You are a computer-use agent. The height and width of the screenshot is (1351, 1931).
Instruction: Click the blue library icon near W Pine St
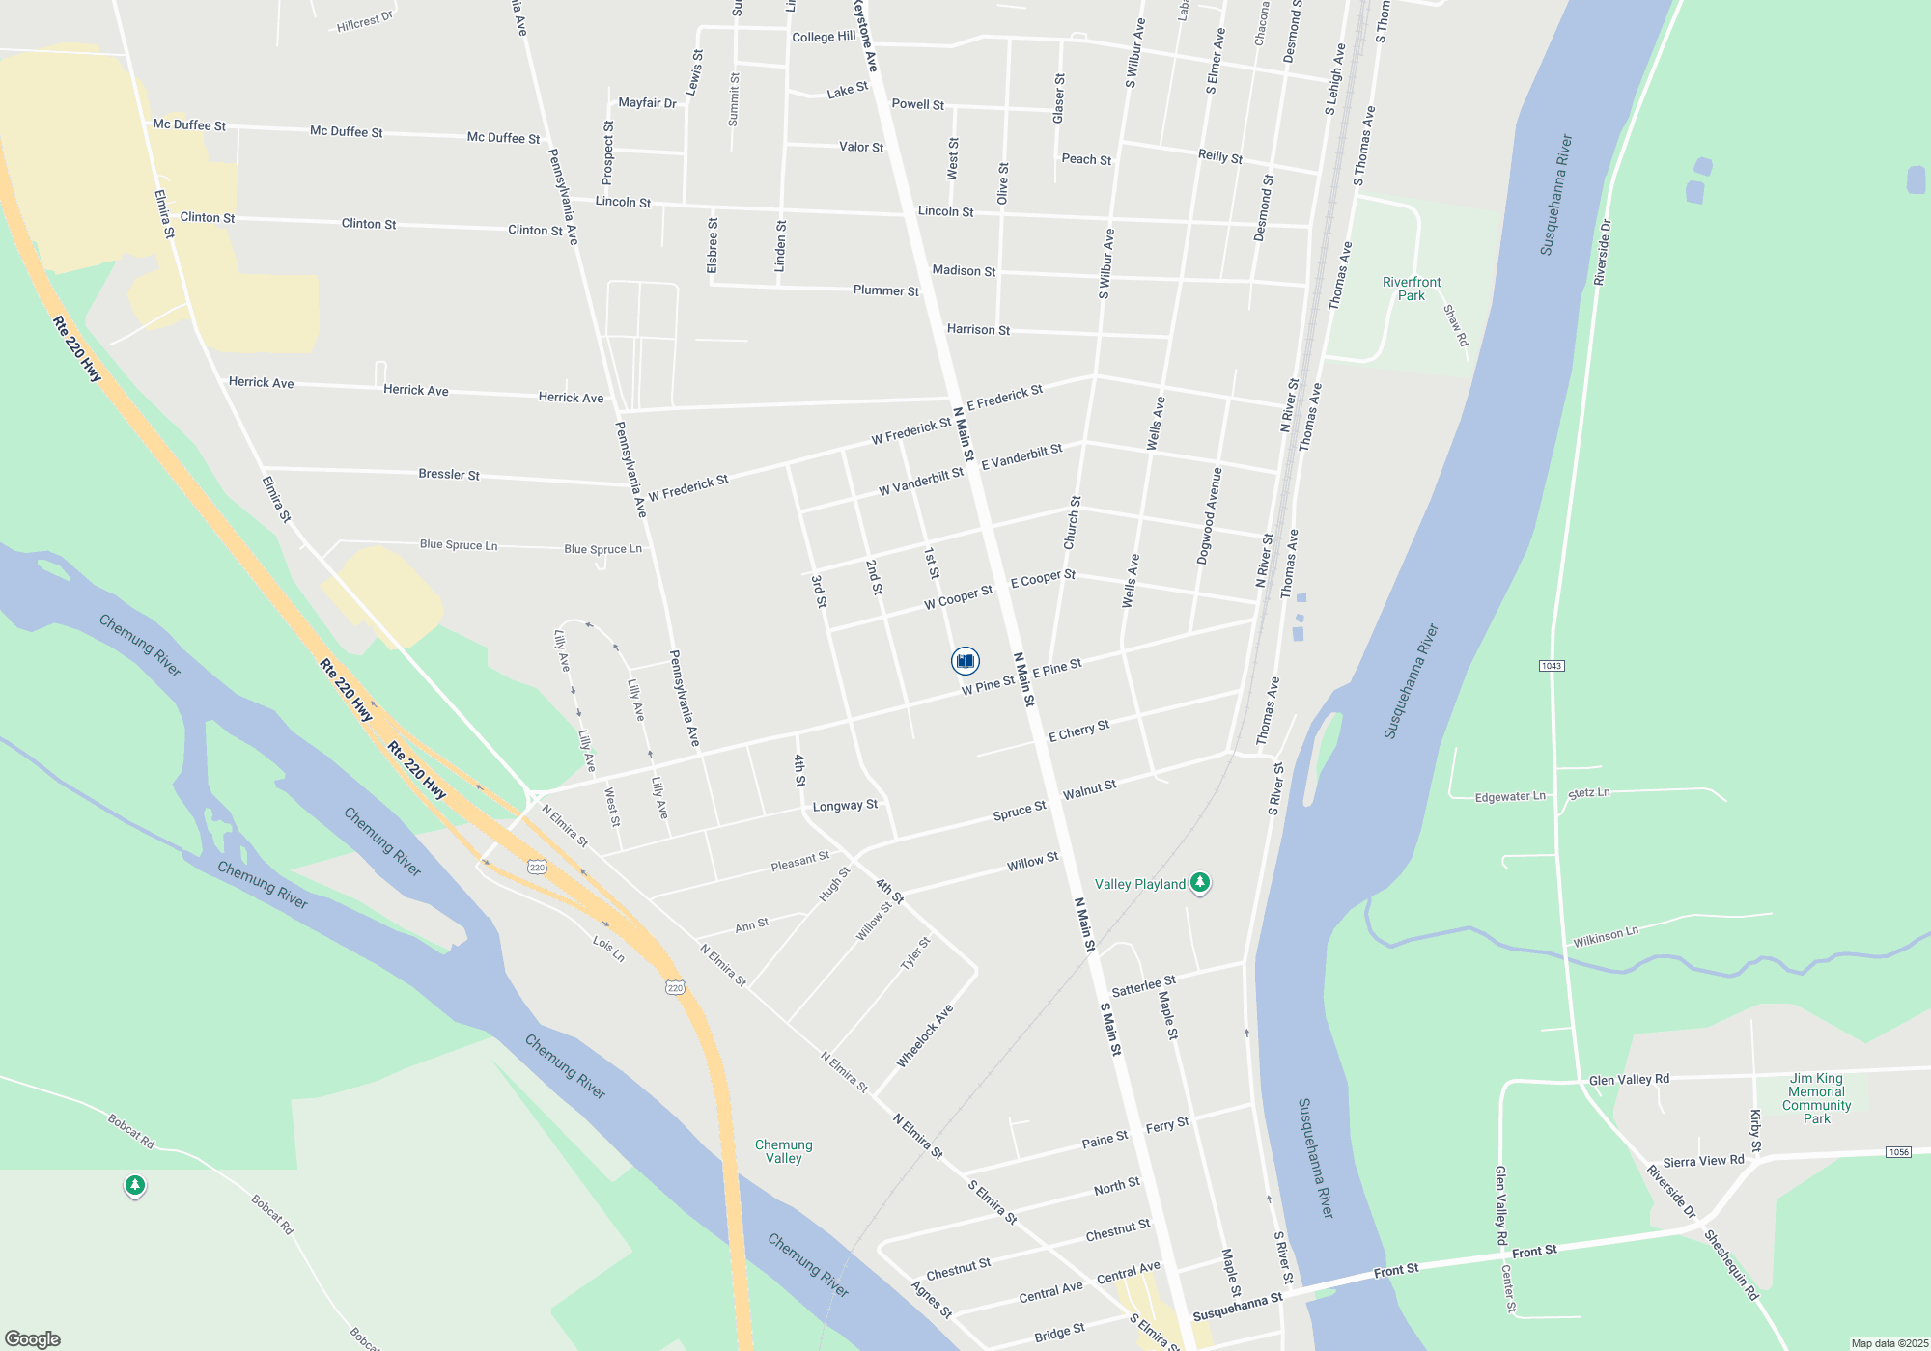[965, 661]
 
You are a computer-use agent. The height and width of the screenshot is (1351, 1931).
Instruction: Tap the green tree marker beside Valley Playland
[1200, 882]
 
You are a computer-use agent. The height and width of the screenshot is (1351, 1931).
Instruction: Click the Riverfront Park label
[1412, 289]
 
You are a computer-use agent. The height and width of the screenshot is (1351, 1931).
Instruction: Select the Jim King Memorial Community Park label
[1816, 1098]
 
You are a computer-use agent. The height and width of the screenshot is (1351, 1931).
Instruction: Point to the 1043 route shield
[1552, 666]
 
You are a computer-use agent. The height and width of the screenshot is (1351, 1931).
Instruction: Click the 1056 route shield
[1898, 1152]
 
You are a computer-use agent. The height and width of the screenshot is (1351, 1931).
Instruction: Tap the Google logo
[32, 1338]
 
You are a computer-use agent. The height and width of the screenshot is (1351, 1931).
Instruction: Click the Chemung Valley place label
[783, 1151]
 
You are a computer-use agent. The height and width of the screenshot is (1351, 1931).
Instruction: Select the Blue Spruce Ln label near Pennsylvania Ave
[602, 549]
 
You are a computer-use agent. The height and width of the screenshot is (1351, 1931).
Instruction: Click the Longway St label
[845, 806]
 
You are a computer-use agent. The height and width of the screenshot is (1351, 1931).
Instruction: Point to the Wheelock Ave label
[925, 1035]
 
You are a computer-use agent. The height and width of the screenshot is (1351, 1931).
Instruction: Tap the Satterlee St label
[1143, 986]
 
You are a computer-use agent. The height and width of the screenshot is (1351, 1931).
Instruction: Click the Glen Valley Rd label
[1629, 1080]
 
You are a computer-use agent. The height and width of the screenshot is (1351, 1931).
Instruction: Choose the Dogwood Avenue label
[1210, 516]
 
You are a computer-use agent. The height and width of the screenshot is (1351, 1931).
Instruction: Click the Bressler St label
[449, 474]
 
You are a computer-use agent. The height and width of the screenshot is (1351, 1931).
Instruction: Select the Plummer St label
[885, 290]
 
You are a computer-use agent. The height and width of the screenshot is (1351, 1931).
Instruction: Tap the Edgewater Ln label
[1510, 797]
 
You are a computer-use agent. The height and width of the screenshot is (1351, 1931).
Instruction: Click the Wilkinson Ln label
[1606, 936]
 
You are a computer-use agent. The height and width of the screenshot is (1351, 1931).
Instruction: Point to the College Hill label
[824, 37]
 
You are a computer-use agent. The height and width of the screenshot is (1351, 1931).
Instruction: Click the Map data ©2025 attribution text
[1889, 1343]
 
